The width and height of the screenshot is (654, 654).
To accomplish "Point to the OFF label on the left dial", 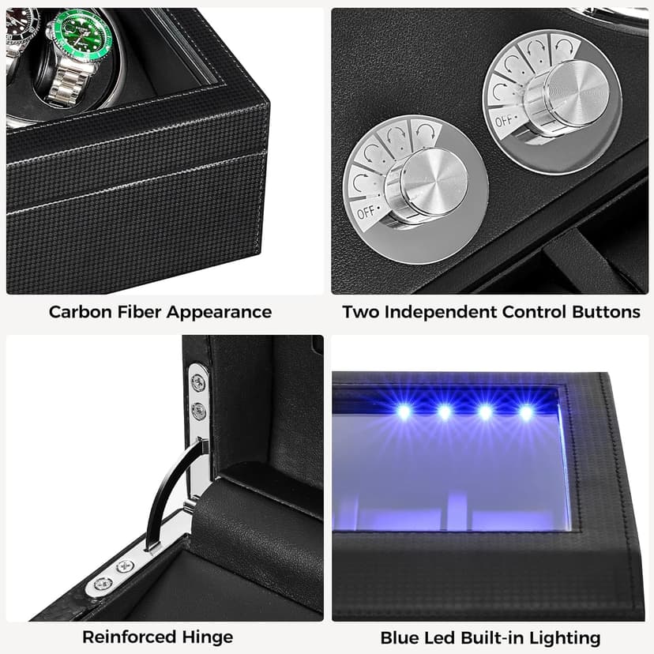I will point(365,212).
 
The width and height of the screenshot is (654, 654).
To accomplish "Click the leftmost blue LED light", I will point(404,412).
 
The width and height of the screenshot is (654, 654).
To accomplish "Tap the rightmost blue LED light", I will point(526,412).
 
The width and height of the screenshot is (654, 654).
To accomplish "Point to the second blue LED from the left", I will point(445,412).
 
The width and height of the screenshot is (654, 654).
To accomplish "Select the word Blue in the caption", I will point(399,637).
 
